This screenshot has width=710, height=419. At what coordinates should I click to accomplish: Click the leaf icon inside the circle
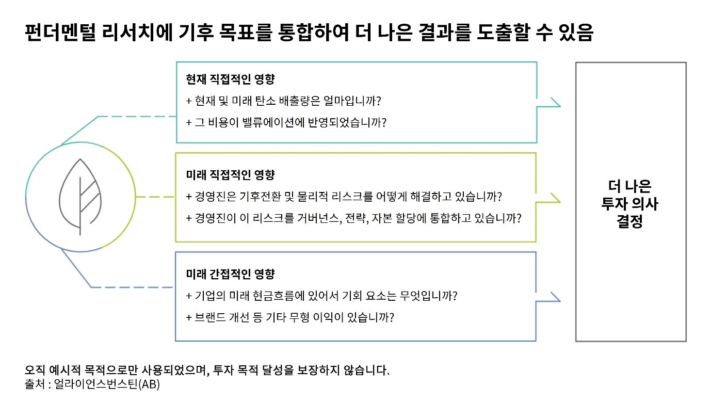pyautogui.click(x=80, y=197)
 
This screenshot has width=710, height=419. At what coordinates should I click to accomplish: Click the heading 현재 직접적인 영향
pyautogui.click(x=230, y=79)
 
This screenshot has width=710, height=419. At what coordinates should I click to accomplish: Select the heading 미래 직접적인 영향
pyautogui.click(x=230, y=174)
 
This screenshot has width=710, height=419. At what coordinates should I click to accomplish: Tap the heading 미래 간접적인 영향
pyautogui.click(x=230, y=274)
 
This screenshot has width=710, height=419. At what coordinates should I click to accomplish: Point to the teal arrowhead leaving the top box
pyautogui.click(x=555, y=102)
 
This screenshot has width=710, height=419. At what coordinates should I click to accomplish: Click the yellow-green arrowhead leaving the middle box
pyautogui.click(x=555, y=198)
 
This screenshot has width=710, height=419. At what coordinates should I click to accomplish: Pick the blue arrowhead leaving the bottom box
pyautogui.click(x=555, y=297)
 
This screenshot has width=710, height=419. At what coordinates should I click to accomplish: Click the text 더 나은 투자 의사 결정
pyautogui.click(x=630, y=203)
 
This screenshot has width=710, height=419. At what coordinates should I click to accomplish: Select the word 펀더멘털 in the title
pyautogui.click(x=60, y=33)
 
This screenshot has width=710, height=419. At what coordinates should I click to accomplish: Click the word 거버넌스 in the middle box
pyautogui.click(x=319, y=218)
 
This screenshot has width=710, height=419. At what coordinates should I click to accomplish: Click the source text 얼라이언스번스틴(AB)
pyautogui.click(x=107, y=384)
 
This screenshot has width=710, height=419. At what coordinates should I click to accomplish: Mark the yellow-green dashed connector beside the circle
pyautogui.click(x=155, y=197)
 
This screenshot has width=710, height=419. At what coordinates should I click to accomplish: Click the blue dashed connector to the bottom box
pyautogui.click(x=132, y=287)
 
